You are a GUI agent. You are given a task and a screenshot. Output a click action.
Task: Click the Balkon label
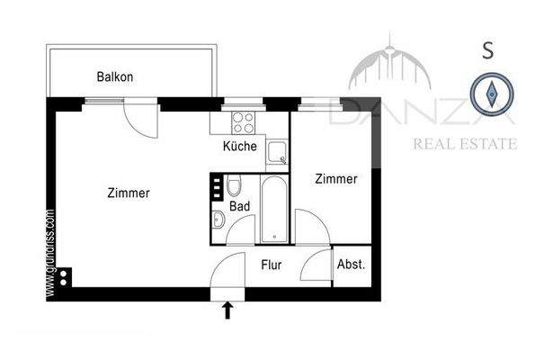point(115,77)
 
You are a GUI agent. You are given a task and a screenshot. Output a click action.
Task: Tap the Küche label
point(239,146)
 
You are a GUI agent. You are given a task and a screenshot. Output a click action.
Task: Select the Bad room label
point(239,206)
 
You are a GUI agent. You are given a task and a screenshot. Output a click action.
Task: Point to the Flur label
point(272,265)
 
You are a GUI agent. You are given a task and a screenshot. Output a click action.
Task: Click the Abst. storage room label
point(351,265)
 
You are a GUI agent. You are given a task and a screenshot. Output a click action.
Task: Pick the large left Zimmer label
point(128,193)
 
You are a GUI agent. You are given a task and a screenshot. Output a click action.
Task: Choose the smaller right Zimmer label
point(335,179)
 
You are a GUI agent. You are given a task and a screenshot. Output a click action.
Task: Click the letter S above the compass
point(487,50)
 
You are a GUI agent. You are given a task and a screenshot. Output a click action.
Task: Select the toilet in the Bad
point(234,186)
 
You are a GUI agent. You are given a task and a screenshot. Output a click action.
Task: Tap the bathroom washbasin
point(218,219)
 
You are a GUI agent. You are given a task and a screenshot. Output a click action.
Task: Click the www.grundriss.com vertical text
point(50,253)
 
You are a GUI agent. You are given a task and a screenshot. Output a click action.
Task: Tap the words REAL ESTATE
point(463,143)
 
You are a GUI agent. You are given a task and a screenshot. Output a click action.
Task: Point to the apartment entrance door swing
point(227,270)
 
